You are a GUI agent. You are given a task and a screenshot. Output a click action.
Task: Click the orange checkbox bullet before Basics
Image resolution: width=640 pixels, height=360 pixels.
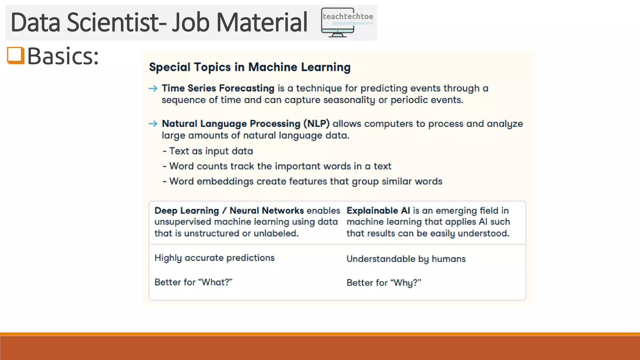[16, 56]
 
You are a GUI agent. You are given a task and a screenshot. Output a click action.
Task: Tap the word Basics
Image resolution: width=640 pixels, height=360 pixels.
[62, 56]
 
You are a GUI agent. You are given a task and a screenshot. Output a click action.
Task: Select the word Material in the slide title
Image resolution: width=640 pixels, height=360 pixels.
[262, 22]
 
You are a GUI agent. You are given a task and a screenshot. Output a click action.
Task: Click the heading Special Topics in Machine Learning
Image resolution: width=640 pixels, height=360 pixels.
[249, 67]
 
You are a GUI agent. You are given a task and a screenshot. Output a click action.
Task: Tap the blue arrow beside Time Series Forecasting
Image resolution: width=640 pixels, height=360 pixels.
[153, 89]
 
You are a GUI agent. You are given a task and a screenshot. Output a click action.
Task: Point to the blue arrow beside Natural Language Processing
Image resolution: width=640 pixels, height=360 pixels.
[153, 124]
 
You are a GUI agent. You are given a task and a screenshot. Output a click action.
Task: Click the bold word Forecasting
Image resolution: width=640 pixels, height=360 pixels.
[247, 88]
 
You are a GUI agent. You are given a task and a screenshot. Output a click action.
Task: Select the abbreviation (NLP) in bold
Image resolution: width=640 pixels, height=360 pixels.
[316, 124]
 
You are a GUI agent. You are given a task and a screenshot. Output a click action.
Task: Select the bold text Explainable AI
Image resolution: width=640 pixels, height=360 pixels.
[378, 211]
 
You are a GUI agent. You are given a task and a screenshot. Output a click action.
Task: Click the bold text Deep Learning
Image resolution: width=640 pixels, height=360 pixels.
[187, 211]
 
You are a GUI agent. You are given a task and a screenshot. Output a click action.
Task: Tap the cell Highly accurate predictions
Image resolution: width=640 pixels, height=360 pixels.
[214, 258]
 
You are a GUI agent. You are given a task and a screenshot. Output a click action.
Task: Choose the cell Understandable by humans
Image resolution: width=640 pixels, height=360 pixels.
[406, 259]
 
